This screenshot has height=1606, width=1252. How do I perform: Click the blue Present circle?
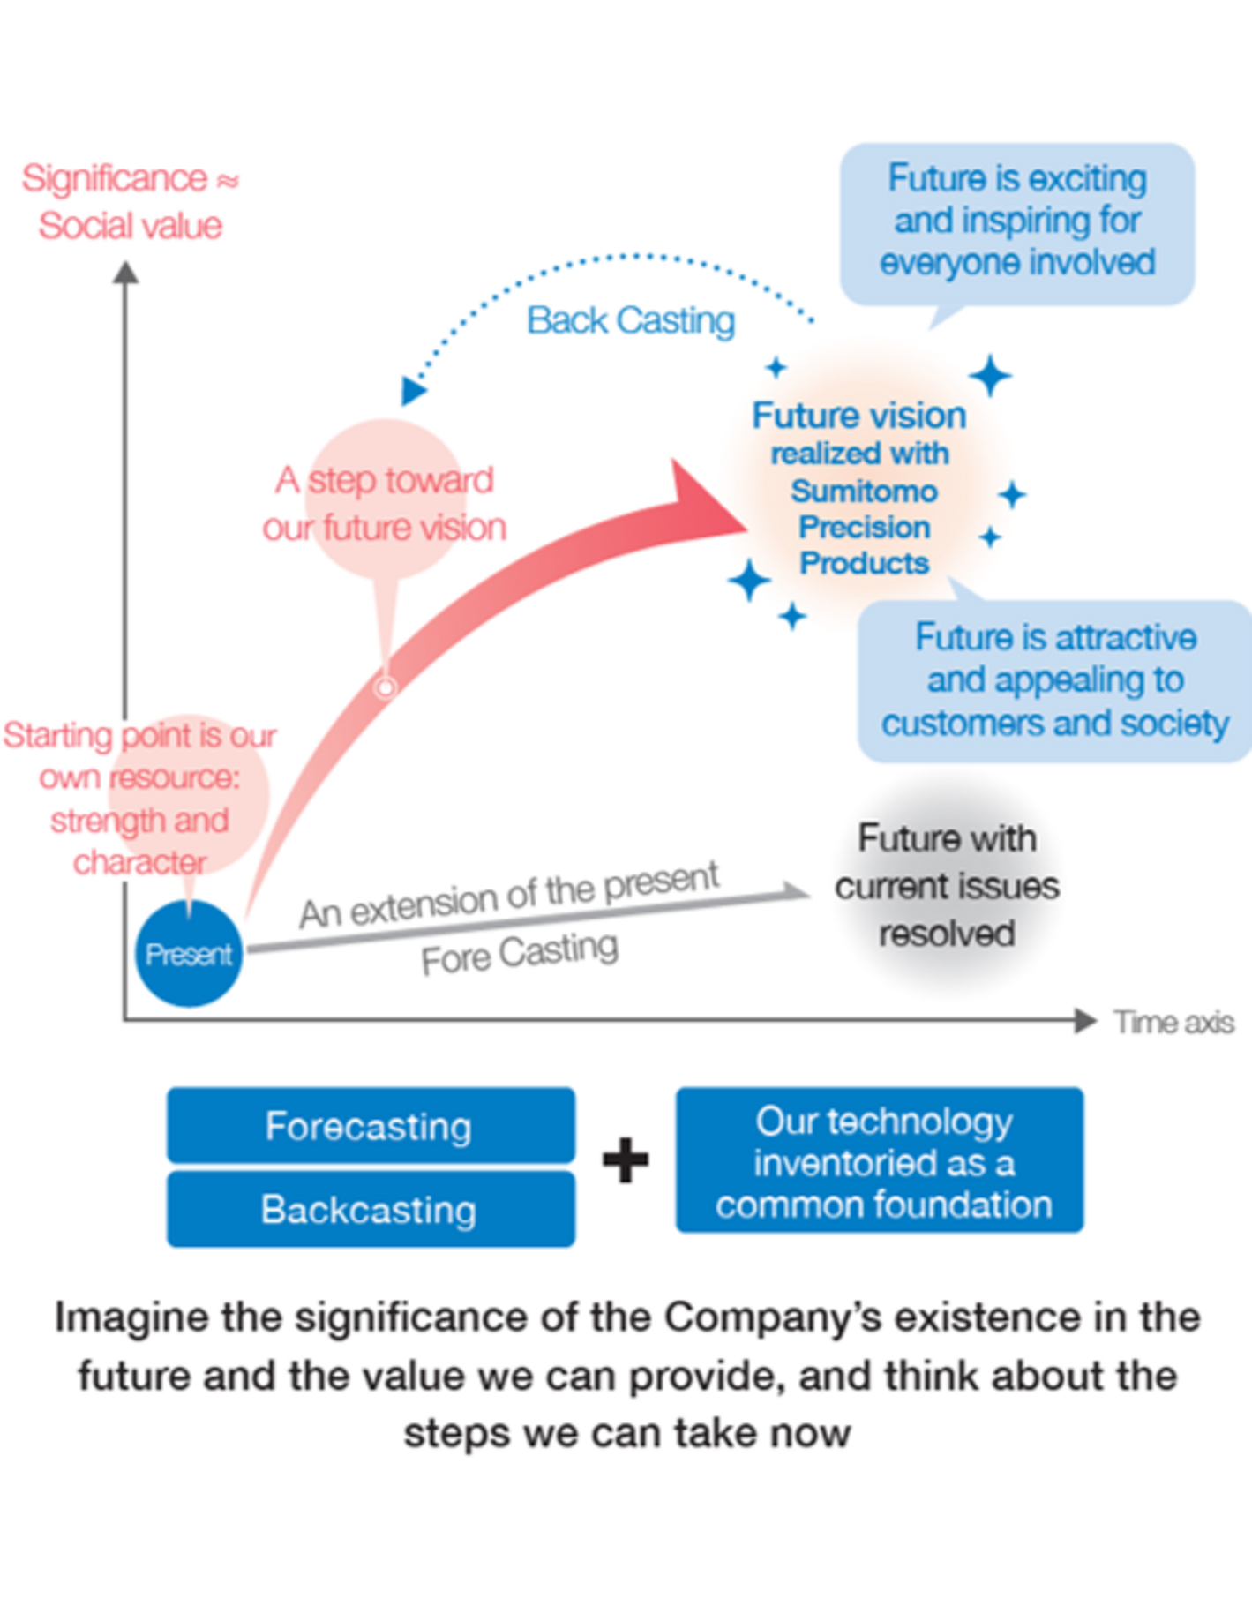pyautogui.click(x=189, y=953)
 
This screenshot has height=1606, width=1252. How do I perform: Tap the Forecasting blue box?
pyautogui.click(x=371, y=1126)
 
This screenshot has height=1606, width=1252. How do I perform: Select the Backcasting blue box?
pyautogui.click(x=371, y=1209)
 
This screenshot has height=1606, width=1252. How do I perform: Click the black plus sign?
pyautogui.click(x=626, y=1160)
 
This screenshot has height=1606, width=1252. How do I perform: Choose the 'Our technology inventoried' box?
pyautogui.click(x=880, y=1160)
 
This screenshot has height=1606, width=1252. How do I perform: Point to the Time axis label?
pyautogui.click(x=1173, y=1022)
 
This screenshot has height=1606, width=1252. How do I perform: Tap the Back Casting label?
pyautogui.click(x=630, y=320)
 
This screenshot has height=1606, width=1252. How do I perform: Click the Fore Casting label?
pyautogui.click(x=520, y=953)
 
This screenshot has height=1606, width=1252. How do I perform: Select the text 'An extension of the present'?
pyautogui.click(x=509, y=896)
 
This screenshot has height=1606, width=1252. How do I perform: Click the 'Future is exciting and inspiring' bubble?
pyautogui.click(x=1017, y=221)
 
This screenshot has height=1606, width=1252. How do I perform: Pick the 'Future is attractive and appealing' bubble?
pyautogui.click(x=1055, y=679)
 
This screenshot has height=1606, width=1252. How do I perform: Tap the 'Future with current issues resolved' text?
pyautogui.click(x=947, y=886)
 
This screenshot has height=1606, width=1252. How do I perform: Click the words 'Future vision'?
pyautogui.click(x=858, y=416)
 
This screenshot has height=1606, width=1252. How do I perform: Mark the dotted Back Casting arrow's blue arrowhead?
pyautogui.click(x=411, y=390)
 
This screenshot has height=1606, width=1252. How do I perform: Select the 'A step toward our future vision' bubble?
pyautogui.click(x=385, y=503)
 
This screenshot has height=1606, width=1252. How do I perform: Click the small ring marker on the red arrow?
pyautogui.click(x=386, y=687)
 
